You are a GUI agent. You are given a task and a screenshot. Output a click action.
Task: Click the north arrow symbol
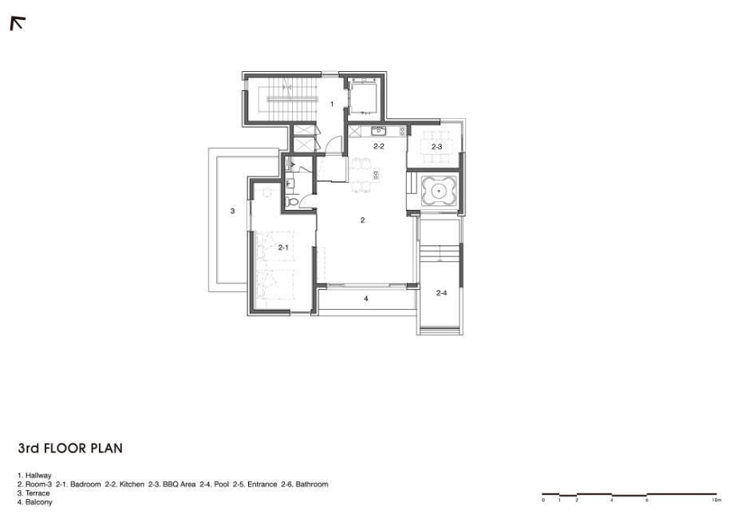(18, 23)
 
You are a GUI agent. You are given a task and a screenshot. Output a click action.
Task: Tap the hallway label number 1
(332, 104)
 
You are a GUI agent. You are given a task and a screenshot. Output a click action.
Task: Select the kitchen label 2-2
(379, 146)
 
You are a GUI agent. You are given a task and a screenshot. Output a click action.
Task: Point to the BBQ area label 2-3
(436, 147)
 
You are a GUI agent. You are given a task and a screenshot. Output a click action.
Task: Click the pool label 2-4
(441, 293)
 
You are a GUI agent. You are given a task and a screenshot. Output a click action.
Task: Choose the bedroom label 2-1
(283, 248)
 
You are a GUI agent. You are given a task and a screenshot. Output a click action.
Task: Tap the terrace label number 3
(233, 212)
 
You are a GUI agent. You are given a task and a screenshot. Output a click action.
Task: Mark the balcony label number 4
(366, 299)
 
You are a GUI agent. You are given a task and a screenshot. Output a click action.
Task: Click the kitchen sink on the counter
(378, 131)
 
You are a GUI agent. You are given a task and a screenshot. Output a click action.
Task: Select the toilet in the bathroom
(293, 202)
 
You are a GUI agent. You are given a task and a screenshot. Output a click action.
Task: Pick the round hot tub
(439, 191)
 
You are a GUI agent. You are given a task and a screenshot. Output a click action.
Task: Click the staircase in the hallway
(293, 99)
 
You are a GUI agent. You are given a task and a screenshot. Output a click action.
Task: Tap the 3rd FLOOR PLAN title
(70, 448)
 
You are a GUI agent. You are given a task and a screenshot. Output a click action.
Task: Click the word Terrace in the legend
(37, 493)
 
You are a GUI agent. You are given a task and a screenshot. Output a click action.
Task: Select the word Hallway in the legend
(38, 475)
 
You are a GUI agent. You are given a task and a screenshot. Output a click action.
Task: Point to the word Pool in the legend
(222, 485)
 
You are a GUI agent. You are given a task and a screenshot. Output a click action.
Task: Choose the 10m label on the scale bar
(716, 501)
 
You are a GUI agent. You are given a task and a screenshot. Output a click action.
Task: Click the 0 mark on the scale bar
(543, 501)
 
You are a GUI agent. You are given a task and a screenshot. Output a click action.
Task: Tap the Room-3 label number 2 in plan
(362, 220)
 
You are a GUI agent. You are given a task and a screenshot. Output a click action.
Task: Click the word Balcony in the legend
(39, 502)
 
